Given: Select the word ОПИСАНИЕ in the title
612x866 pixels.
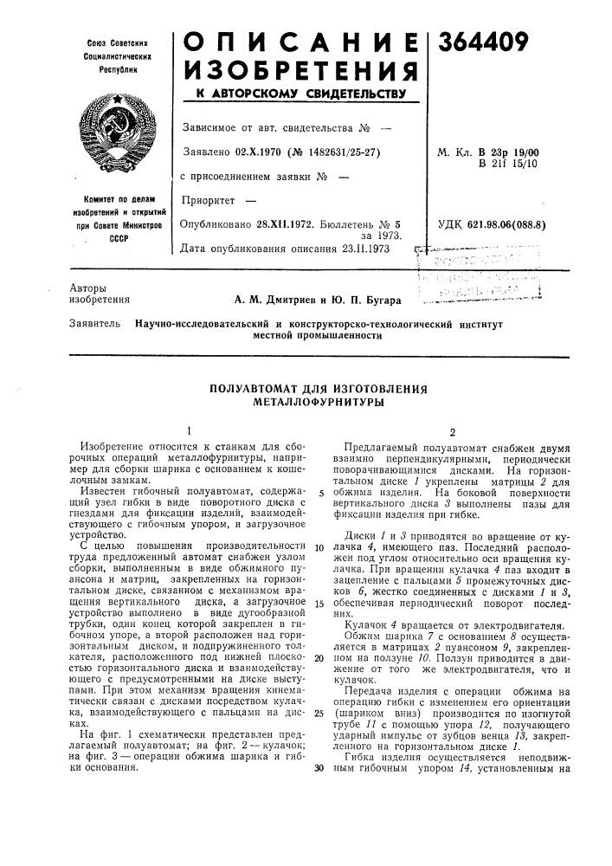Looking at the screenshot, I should (x=299, y=41).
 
